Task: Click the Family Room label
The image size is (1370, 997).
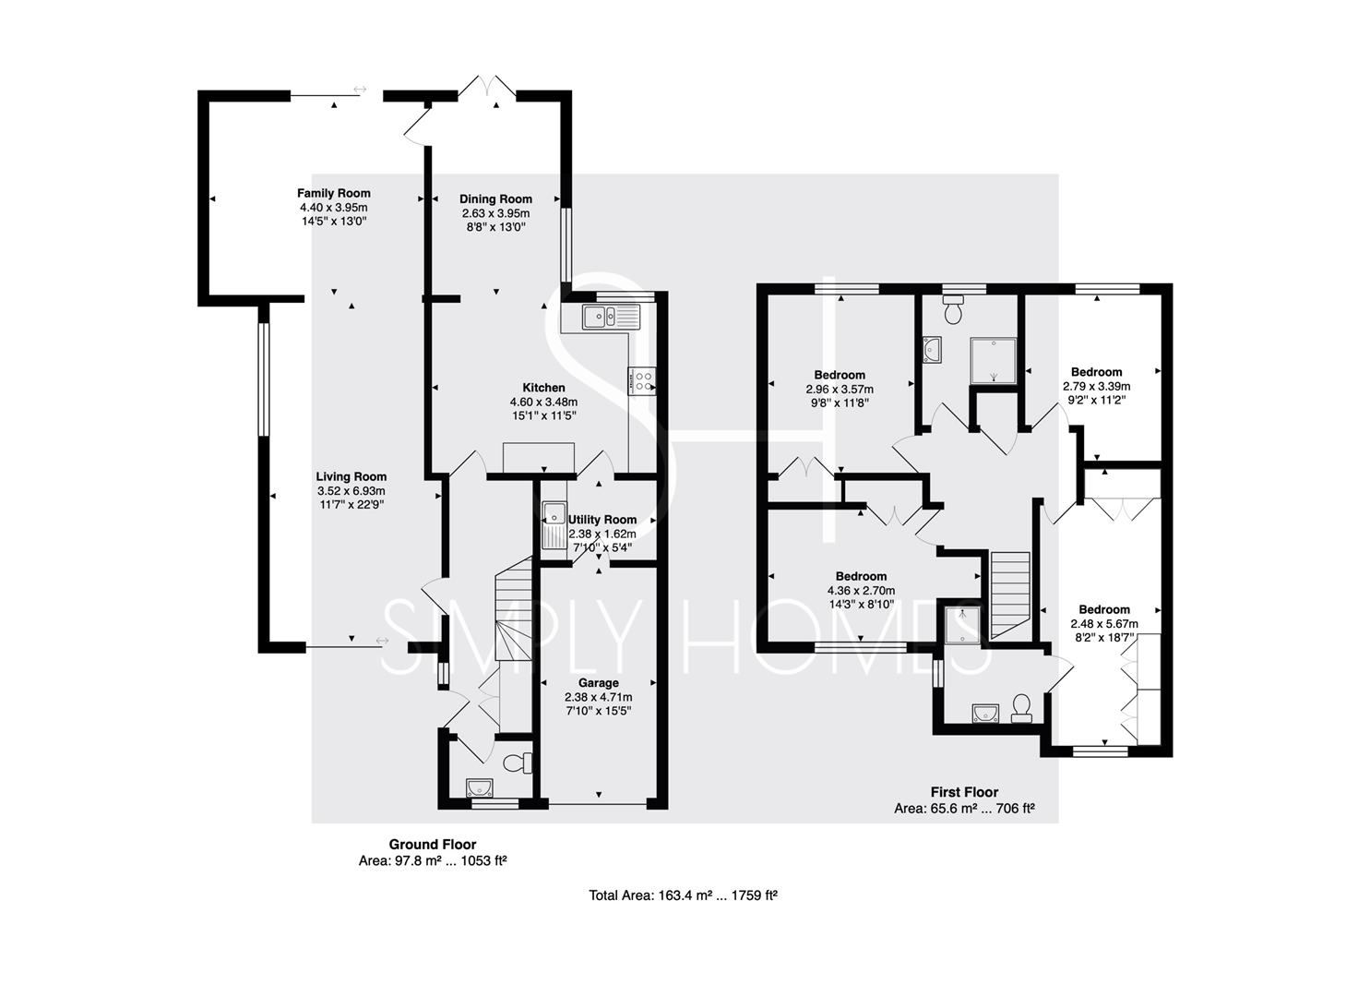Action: (x=334, y=194)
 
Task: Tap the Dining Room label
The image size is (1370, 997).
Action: (x=496, y=198)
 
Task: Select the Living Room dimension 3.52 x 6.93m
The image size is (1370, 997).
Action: (x=351, y=491)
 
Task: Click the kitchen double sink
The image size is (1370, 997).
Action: (x=611, y=317)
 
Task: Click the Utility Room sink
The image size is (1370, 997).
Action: (x=554, y=526)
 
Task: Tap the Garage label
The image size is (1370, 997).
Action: (x=599, y=682)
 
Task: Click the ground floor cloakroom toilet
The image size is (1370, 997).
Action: (x=518, y=763)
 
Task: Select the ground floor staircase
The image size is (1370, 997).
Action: (x=513, y=608)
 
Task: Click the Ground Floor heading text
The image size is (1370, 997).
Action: (x=433, y=845)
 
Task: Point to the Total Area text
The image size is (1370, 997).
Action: (x=684, y=895)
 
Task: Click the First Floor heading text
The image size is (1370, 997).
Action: (x=964, y=792)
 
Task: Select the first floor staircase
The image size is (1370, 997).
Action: (x=1010, y=595)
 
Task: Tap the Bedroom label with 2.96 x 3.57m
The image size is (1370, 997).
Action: (x=840, y=375)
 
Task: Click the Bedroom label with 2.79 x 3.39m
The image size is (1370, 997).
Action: (x=1097, y=371)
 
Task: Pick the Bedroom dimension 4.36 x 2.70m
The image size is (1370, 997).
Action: (x=861, y=591)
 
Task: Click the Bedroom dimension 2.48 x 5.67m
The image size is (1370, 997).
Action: (x=1104, y=624)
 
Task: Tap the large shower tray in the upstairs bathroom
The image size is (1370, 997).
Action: (x=994, y=361)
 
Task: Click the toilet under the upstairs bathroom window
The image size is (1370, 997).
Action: (x=954, y=309)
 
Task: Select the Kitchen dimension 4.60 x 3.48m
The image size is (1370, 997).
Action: (x=543, y=402)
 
